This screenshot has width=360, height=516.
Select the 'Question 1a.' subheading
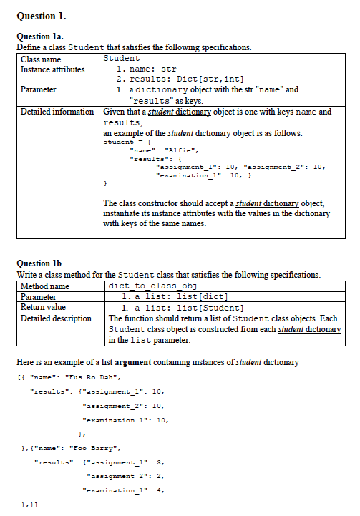coord(39,36)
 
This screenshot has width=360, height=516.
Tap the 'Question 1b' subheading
coord(38,263)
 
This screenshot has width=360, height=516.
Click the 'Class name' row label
coord(41,59)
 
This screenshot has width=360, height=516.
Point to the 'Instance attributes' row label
coord(52,69)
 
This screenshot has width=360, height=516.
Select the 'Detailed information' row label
coord(57,112)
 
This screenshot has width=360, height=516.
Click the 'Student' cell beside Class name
coord(122,58)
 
